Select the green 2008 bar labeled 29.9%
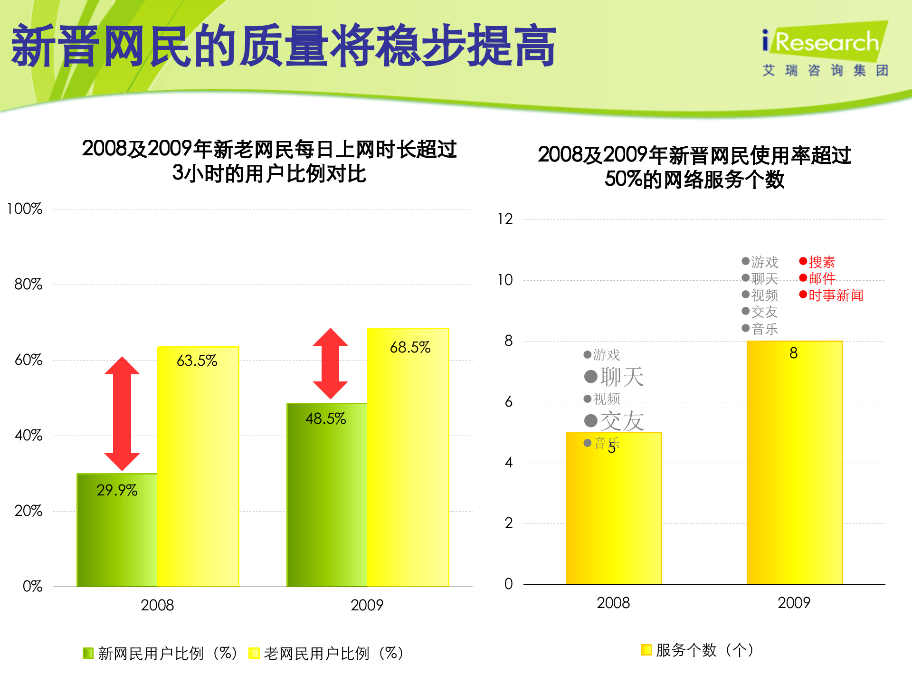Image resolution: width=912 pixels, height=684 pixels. click(x=117, y=530)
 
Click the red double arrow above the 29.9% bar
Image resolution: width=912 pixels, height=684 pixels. click(x=122, y=413)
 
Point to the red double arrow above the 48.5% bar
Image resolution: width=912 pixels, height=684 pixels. click(x=330, y=363)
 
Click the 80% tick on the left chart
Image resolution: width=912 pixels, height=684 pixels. click(x=28, y=285)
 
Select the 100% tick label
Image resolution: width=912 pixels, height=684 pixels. click(x=25, y=209)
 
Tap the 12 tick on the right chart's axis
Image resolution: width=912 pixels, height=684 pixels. click(x=505, y=219)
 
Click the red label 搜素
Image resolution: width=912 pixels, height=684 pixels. click(x=821, y=262)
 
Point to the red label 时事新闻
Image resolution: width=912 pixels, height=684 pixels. click(x=835, y=295)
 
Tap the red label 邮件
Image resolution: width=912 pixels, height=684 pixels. click(x=821, y=278)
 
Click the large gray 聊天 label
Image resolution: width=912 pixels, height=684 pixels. click(x=621, y=377)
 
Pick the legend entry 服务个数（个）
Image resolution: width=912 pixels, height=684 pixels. click(x=698, y=650)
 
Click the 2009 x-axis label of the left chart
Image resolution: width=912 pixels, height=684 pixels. click(x=367, y=605)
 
